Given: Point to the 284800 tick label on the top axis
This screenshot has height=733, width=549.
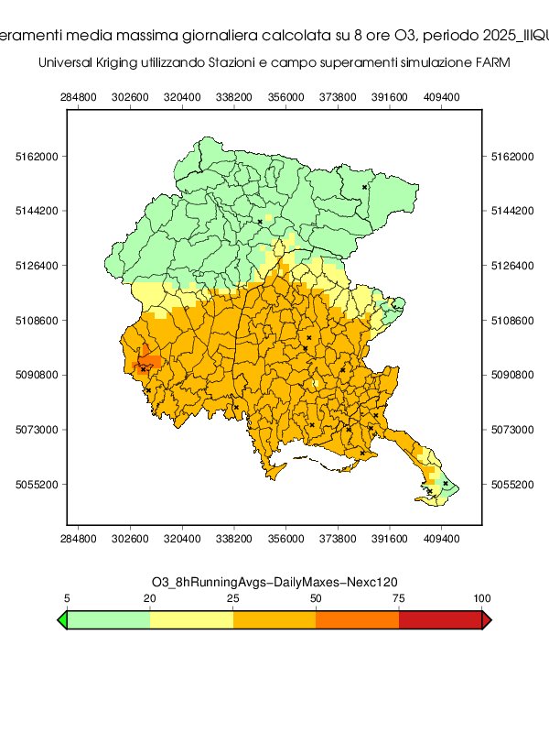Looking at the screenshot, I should pos(78,95).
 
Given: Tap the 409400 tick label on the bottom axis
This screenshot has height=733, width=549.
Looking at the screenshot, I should pos(442,542).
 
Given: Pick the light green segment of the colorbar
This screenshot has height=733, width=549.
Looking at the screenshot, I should pos(108,620).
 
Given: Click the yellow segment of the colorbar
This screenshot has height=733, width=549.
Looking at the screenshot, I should pos(191,620).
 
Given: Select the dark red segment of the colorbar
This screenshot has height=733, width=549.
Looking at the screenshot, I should pos(440,620).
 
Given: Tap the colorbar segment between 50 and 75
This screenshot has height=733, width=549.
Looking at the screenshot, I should pos(357,620).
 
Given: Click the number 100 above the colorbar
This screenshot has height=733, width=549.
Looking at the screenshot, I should pos(481,598).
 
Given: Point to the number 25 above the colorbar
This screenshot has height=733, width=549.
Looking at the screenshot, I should pos(233,598).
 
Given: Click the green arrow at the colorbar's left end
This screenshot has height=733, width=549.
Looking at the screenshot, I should pos(62,620).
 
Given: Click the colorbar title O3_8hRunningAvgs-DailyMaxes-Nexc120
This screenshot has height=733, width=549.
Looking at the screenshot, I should pos(274,582).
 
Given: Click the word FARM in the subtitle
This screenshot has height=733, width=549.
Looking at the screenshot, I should pos(490,63).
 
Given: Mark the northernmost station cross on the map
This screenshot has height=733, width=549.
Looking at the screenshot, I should pos(364,187).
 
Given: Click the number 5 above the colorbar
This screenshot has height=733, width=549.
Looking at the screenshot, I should pos(67,598).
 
